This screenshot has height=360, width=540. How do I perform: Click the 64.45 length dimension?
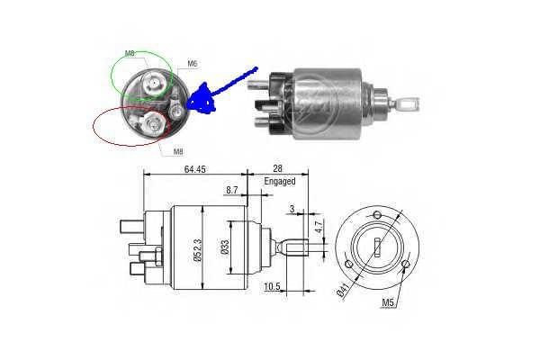[195, 169]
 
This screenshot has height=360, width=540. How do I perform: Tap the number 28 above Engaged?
[277, 168]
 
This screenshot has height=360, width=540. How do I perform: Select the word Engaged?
[280, 181]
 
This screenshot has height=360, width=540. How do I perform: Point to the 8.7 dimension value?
[232, 190]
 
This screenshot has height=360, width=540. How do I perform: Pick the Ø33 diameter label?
[224, 247]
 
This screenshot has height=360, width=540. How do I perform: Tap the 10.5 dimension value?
[272, 286]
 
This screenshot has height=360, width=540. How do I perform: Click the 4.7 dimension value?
[319, 227]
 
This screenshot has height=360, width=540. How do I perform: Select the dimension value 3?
[292, 209]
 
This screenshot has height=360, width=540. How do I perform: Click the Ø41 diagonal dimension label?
[345, 289]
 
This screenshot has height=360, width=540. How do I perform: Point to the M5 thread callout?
[388, 302]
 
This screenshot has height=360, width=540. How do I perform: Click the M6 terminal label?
[193, 63]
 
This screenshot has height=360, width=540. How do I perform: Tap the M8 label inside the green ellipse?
[130, 53]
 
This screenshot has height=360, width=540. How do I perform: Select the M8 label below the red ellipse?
[178, 151]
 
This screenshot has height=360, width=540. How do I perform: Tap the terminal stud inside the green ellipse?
[153, 83]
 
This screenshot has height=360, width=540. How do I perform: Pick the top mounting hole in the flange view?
[377, 215]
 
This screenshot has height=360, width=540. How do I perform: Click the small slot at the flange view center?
[377, 247]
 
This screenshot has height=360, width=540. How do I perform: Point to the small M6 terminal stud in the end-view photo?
[177, 110]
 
